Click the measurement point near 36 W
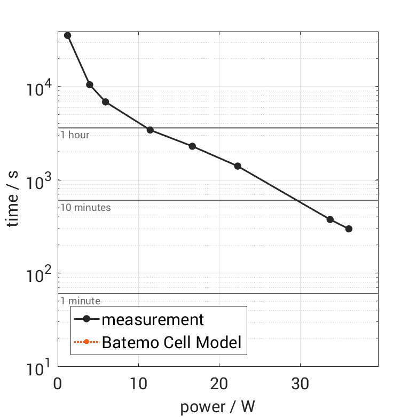point(349,229)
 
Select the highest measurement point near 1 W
point(67,35)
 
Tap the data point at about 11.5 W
point(150,130)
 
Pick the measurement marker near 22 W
point(238,166)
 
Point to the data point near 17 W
point(192,146)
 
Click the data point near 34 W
point(330,219)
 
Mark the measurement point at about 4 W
point(90,85)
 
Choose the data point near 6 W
point(106,102)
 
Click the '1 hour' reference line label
point(75,135)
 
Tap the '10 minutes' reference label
point(85,208)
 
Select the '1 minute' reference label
point(80,301)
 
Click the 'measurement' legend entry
point(153,320)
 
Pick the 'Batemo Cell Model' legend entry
point(171,342)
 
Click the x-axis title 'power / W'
point(218,407)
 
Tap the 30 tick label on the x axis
point(300,383)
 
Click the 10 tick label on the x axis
point(139,383)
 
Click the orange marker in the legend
point(86,342)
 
